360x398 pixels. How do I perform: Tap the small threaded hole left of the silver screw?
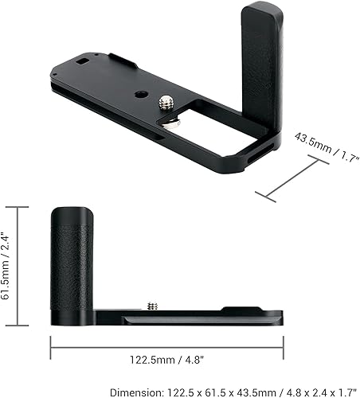pos(140,94)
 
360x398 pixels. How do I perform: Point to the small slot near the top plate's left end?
pos(82,60)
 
